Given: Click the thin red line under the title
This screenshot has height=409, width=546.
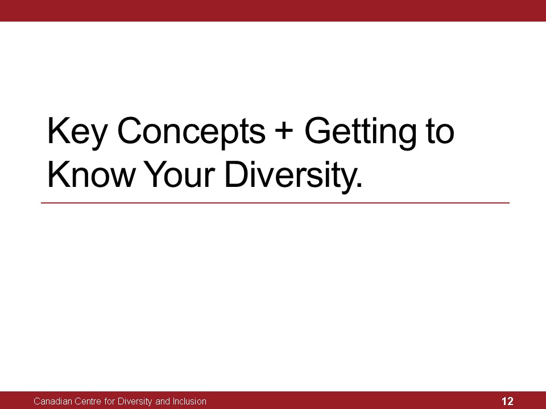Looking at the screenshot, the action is pos(275,203).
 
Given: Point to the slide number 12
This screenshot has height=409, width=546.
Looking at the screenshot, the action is pos(507,401).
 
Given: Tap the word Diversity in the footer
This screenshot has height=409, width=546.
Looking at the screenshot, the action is pos(135,402).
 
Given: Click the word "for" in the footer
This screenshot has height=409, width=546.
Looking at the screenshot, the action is pos(109,402).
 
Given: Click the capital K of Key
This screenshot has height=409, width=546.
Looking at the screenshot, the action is pos(57,131).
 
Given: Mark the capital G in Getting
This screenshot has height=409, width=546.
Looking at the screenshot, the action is pos(317,131).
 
